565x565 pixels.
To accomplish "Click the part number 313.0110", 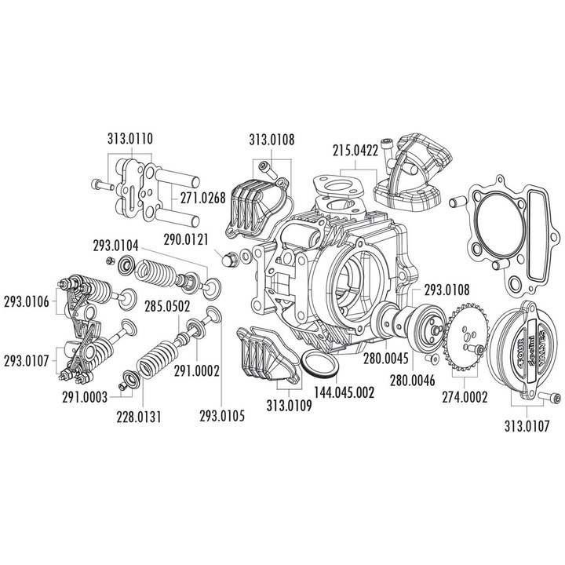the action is pos(130,138).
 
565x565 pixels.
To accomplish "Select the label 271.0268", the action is pos(203,198).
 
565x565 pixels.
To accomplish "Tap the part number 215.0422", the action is pos(355,150).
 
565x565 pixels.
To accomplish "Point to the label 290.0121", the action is pos(186,239).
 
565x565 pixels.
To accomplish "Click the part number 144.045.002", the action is pos(344,392).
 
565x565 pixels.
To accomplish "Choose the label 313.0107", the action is pos(527,427).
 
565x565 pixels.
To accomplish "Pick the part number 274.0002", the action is pos(465,397).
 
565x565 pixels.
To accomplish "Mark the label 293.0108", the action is pos(447,290).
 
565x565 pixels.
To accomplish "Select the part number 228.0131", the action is pos(139,417).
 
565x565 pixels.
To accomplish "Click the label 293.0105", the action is pos(222,416).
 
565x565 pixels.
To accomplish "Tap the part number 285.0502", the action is pos(167,307).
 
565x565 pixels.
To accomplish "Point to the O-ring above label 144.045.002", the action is pos(319,365).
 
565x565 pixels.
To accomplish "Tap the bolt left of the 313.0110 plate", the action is pos(102,185).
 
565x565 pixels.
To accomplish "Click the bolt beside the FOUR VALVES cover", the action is pos(549,398).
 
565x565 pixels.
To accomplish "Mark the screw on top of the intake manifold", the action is pos(387,150).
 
